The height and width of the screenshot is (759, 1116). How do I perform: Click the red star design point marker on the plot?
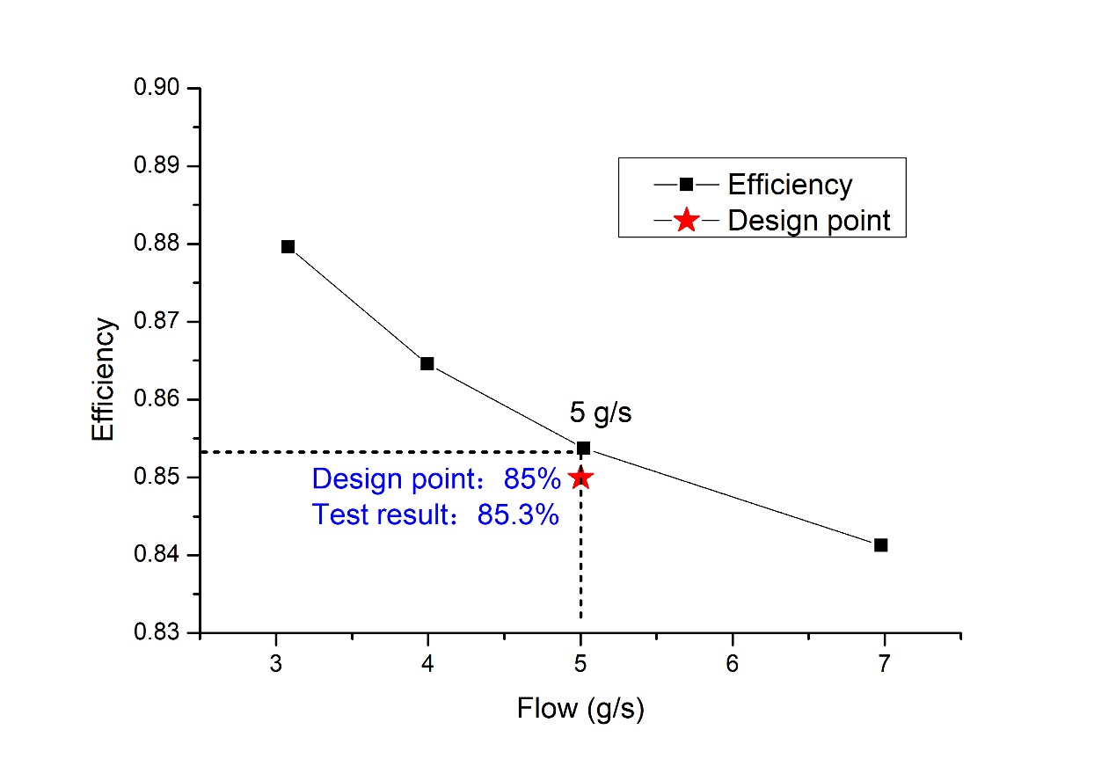pyautogui.click(x=580, y=478)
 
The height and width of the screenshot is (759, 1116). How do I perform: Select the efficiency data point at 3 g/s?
pyautogui.click(x=288, y=246)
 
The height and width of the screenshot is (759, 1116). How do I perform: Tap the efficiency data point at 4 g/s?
pyautogui.click(x=427, y=363)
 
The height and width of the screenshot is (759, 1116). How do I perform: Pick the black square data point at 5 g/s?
pyautogui.click(x=583, y=448)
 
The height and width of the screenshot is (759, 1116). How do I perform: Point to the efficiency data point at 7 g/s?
pyautogui.click(x=881, y=545)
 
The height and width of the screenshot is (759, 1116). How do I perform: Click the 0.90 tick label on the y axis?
pyautogui.click(x=155, y=89)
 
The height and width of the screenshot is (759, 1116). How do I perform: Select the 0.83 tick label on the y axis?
pyautogui.click(x=155, y=633)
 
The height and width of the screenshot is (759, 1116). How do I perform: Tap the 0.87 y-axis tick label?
pyautogui.click(x=155, y=322)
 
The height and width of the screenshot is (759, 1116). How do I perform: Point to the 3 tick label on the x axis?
pyautogui.click(x=276, y=663)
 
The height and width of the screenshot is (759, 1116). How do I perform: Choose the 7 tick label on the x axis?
pyautogui.click(x=884, y=663)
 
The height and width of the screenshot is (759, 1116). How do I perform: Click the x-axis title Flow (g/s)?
pyautogui.click(x=580, y=708)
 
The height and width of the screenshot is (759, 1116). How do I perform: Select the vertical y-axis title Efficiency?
pyautogui.click(x=104, y=379)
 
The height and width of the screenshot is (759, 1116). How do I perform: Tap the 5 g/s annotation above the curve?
pyautogui.click(x=601, y=412)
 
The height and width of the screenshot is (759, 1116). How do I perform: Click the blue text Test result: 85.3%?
pyautogui.click(x=435, y=515)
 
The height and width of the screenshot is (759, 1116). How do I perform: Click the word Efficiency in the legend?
pyautogui.click(x=790, y=185)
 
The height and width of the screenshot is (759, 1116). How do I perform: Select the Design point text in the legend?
pyautogui.click(x=809, y=220)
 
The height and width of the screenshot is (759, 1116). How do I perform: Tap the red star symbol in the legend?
pyautogui.click(x=687, y=220)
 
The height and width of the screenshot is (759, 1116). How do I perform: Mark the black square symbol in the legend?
pyautogui.click(x=687, y=184)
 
